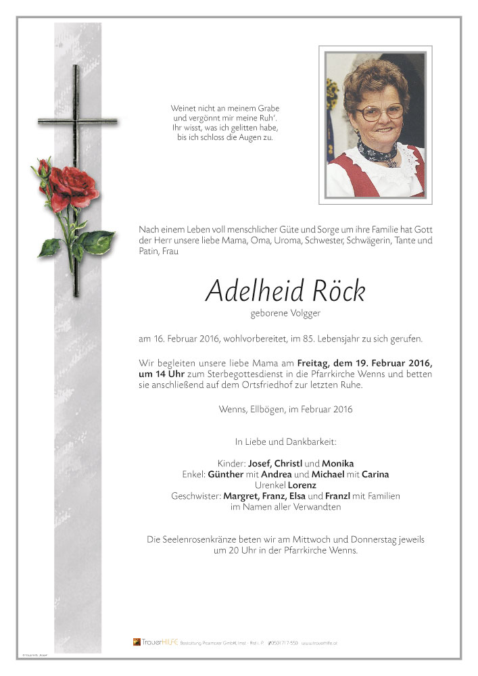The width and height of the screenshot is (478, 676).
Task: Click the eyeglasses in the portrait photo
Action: pyautogui.click(x=379, y=112)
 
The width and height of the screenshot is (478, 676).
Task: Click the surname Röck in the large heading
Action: pyautogui.click(x=339, y=291)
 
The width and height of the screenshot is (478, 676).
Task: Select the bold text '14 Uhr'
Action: pyautogui.click(x=157, y=374)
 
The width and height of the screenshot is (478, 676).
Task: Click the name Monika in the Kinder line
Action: pyautogui.click(x=338, y=464)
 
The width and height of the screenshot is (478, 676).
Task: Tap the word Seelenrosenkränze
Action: pyautogui.click(x=204, y=539)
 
